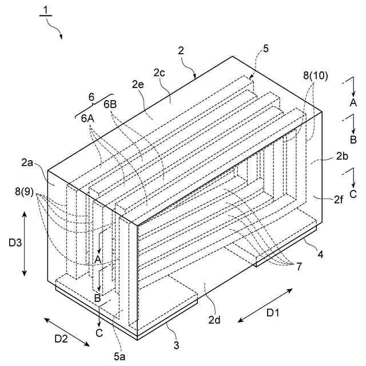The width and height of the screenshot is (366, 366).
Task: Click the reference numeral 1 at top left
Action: pos(45,10)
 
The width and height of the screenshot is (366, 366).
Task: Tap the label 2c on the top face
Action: pos(160,73)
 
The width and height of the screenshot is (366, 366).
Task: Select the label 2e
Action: pos(138,85)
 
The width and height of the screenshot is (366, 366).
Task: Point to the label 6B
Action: pos(112,105)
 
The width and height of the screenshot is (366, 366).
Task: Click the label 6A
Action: pos(87,118)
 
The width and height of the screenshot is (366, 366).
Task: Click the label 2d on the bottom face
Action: pos(215,319)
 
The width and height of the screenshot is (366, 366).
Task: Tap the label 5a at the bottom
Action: pos(120,357)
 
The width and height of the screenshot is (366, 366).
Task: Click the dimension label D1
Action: pos(274,314)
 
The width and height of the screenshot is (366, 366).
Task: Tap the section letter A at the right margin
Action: pos(353,103)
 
